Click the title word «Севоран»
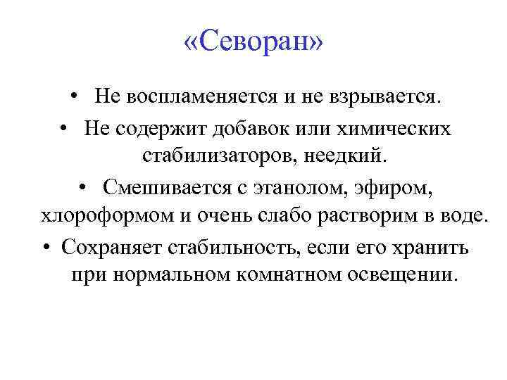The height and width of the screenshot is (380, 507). [253, 43]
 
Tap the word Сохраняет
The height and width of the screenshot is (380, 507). [103, 248]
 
